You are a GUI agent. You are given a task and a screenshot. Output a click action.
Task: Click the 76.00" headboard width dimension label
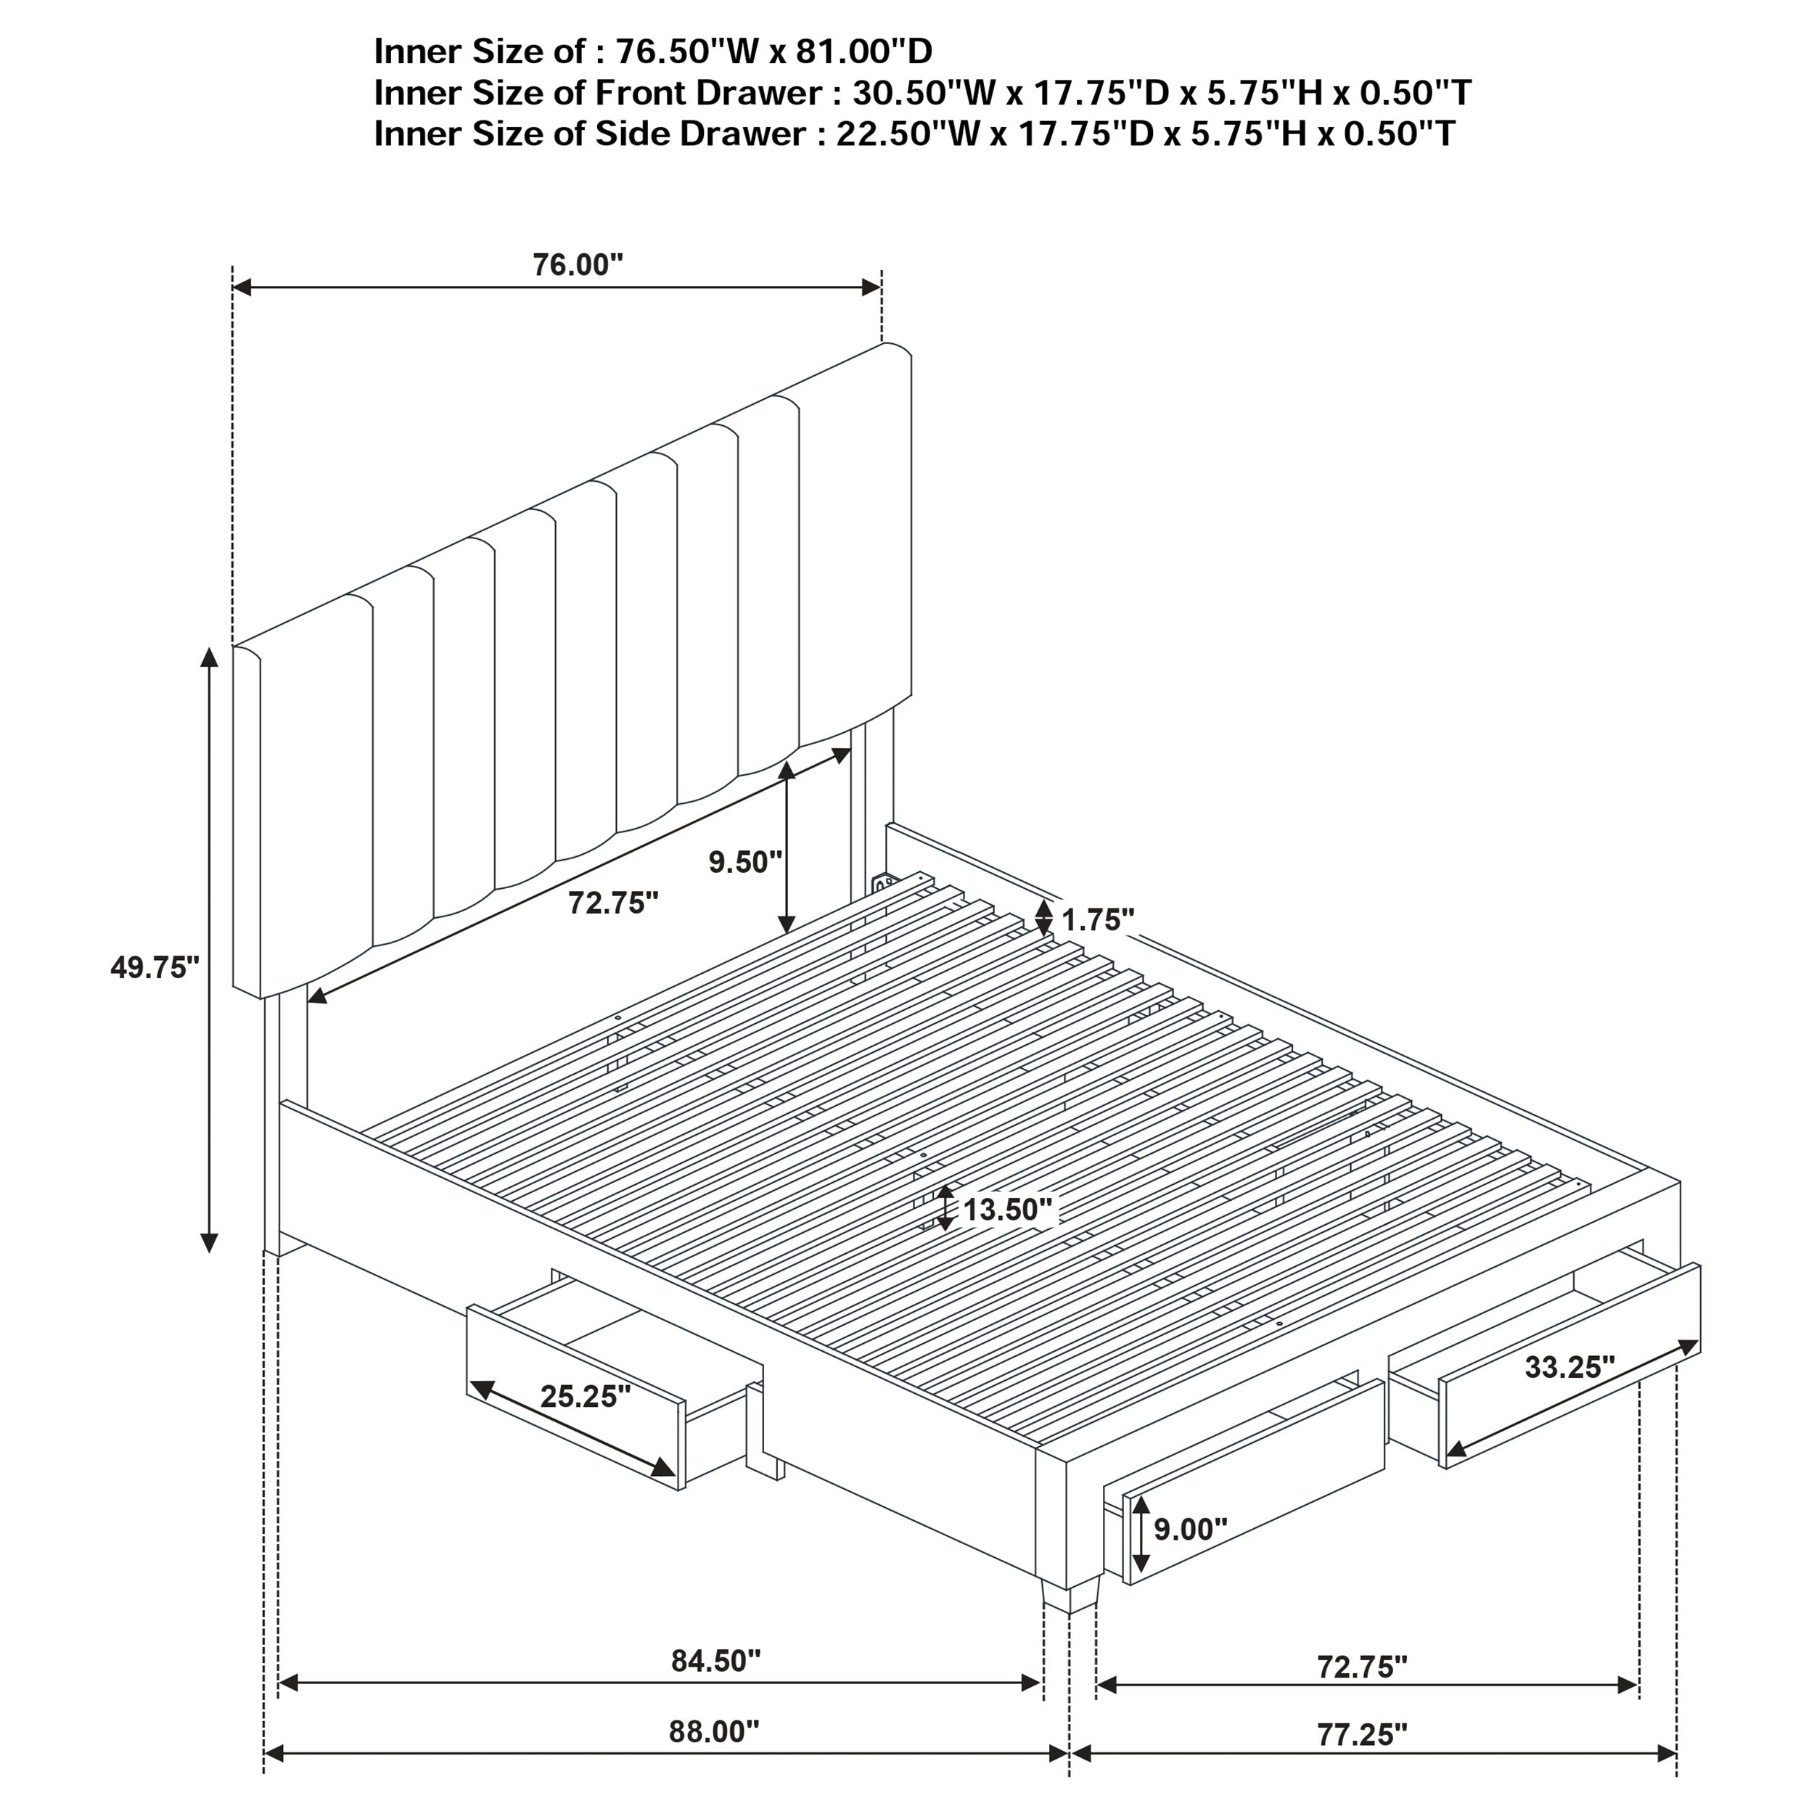[578, 266]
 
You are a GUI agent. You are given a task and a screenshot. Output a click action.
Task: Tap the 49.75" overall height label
[155, 967]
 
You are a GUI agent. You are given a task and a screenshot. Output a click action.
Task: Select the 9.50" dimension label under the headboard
[744, 862]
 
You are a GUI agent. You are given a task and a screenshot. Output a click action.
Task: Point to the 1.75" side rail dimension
[1098, 920]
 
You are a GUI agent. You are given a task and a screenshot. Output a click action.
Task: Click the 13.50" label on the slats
[1007, 1210]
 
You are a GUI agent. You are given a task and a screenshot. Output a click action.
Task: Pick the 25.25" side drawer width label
[585, 1396]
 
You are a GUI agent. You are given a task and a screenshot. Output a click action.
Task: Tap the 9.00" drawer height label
[1189, 1530]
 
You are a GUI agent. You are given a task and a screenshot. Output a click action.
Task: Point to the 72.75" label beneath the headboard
[613, 903]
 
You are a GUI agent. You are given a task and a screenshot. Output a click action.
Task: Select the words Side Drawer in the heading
[699, 134]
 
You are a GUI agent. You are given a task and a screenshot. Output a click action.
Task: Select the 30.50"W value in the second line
[909, 93]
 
